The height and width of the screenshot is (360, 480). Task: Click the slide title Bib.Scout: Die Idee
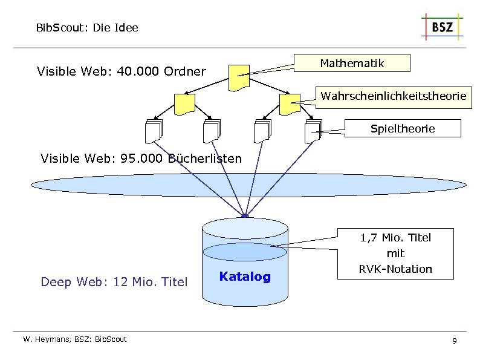click(87, 27)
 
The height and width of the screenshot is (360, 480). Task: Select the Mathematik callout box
click(351, 63)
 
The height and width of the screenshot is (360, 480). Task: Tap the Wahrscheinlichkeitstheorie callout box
click(393, 96)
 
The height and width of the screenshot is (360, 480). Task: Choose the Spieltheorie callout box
click(402, 128)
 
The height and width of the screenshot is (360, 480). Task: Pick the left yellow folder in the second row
click(184, 104)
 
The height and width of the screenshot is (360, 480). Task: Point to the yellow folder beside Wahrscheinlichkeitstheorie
click(290, 104)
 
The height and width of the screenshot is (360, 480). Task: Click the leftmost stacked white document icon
click(154, 131)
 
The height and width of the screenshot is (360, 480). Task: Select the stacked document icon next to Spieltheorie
click(314, 131)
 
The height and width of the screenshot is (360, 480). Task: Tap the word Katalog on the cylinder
click(245, 277)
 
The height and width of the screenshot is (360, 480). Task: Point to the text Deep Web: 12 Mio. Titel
click(114, 282)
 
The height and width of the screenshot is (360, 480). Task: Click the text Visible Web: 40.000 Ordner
click(121, 72)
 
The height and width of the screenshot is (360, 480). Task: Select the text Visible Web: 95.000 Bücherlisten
click(141, 159)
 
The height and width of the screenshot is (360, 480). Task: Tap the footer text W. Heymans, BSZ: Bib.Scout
click(75, 339)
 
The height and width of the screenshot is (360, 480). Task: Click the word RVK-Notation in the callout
click(395, 269)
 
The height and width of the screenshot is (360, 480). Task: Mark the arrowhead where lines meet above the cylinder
click(244, 215)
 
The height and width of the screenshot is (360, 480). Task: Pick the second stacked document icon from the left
click(212, 131)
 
